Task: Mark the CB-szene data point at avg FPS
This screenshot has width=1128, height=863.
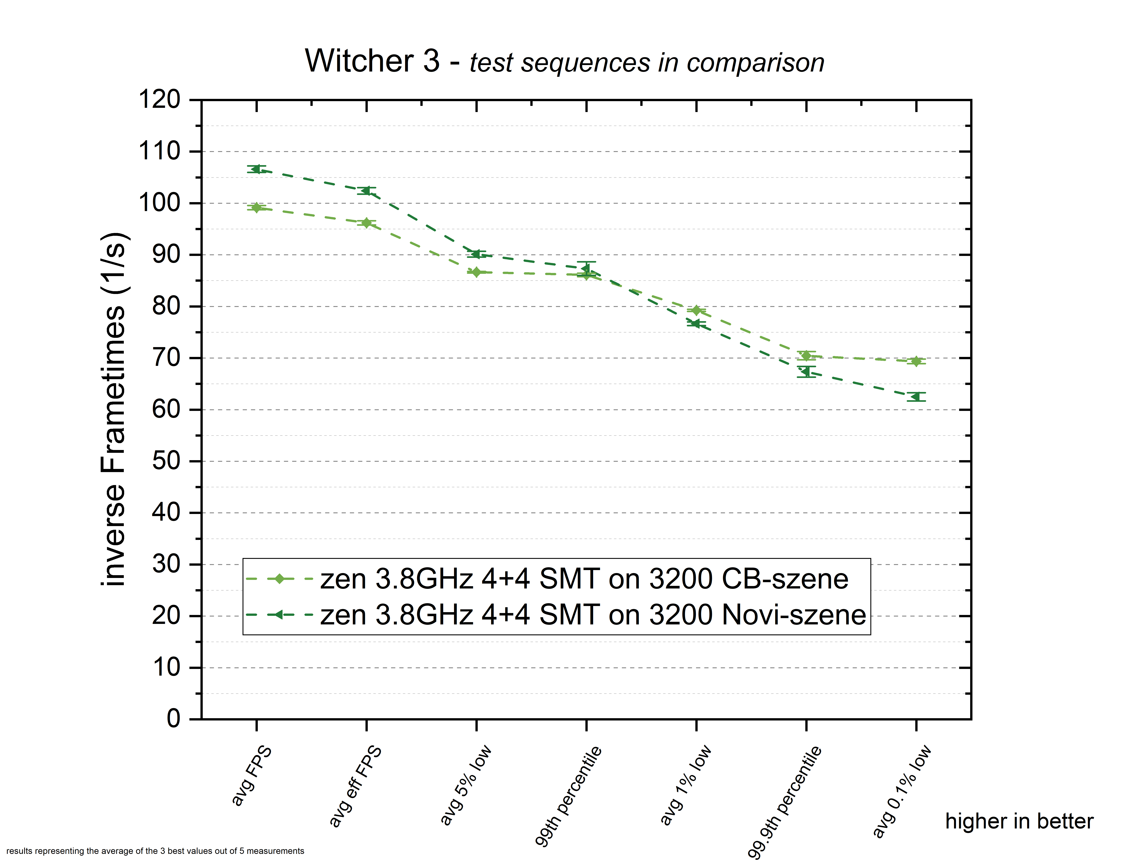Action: [x=256, y=208]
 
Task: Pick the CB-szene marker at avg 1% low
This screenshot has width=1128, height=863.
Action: [x=696, y=310]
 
